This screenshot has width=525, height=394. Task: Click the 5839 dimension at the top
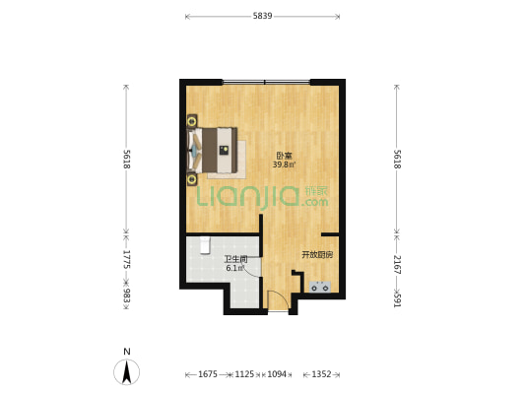pyautogui.click(x=262, y=16)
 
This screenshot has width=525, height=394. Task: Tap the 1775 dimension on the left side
pyautogui.click(x=126, y=259)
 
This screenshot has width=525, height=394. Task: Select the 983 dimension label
pyautogui.click(x=126, y=295)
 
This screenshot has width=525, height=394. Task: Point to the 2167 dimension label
pyautogui.click(x=397, y=264)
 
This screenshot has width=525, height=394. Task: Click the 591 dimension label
pyautogui.click(x=397, y=300)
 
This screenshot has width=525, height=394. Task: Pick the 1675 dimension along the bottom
pyautogui.click(x=208, y=374)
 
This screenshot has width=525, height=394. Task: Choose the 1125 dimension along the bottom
pyautogui.click(x=244, y=374)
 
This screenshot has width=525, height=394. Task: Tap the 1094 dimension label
pyautogui.click(x=277, y=374)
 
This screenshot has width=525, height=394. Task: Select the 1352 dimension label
pyautogui.click(x=321, y=374)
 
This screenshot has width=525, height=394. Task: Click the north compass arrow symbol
pyautogui.click(x=126, y=371)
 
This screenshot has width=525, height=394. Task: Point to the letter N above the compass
pyautogui.click(x=126, y=352)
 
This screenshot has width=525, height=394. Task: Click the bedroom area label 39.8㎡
pyautogui.click(x=285, y=164)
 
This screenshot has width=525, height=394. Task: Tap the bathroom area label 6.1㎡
pyautogui.click(x=234, y=268)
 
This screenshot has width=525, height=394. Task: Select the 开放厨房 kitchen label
pyautogui.click(x=317, y=255)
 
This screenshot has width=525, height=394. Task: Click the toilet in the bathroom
pyautogui.click(x=205, y=245)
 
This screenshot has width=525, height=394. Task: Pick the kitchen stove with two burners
pyautogui.click(x=320, y=287)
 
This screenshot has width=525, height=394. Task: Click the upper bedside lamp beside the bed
pyautogui.click(x=192, y=121)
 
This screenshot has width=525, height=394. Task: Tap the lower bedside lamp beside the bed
pyautogui.click(x=192, y=179)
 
